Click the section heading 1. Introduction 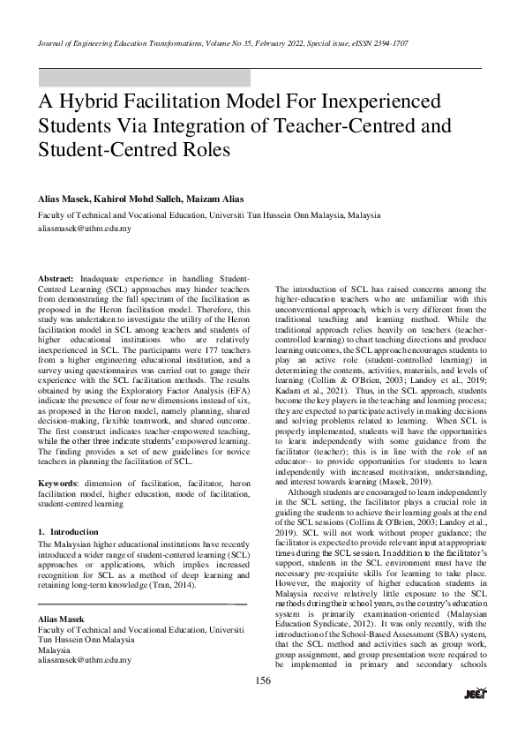point(68,532)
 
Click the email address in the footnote point(84,659)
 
